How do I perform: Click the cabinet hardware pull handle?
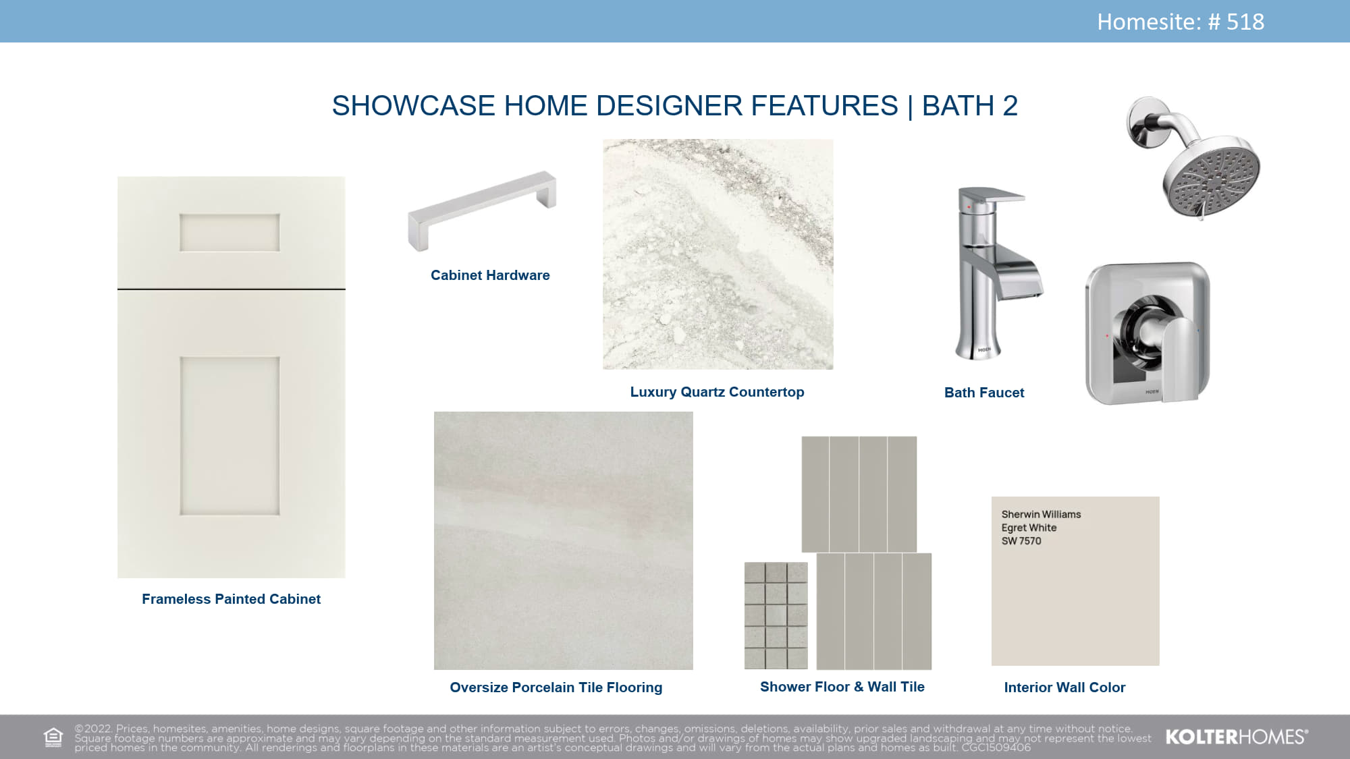tap(482, 210)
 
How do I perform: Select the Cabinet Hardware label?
tap(490, 275)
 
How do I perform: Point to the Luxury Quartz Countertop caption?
tap(717, 392)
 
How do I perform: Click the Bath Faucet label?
tap(984, 393)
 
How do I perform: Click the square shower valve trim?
tap(1147, 333)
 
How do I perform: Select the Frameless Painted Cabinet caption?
tap(231, 599)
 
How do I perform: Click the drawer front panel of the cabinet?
tap(231, 233)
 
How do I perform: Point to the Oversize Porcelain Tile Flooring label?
tap(556, 687)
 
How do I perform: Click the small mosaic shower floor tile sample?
tap(776, 615)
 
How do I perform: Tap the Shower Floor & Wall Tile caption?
tap(842, 687)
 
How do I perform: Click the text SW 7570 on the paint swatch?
tap(1021, 541)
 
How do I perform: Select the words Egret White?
tap(1029, 528)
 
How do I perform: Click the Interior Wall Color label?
tap(1064, 687)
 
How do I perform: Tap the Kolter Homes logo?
tap(1237, 737)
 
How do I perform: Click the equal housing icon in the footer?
tap(53, 737)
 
